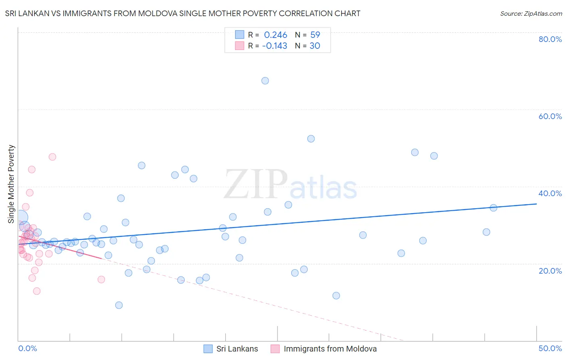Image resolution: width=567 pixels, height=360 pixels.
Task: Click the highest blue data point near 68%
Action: (265, 81)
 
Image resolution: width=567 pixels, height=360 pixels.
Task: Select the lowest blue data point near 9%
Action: (119, 305)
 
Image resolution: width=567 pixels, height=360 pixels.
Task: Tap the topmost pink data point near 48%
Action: (52, 157)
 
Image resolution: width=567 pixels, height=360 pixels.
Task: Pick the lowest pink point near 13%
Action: (37, 291)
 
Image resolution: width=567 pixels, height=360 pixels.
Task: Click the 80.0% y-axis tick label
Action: (550, 39)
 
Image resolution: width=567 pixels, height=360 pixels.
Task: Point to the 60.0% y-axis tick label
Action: (550, 116)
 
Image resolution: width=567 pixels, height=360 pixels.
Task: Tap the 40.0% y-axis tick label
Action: (550, 193)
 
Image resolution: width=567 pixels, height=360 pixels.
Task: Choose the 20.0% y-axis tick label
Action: (550, 271)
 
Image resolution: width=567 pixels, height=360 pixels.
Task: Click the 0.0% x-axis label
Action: (27, 348)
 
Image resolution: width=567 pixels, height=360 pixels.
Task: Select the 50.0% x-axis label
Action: (550, 348)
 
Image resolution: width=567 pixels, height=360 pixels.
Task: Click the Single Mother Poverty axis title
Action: (11, 184)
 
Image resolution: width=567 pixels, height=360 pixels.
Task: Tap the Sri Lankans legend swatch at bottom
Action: (208, 349)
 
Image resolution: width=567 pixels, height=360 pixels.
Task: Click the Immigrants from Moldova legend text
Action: (330, 349)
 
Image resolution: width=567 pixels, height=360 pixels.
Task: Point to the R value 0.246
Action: (275, 35)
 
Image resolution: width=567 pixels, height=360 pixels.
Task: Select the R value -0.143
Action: (275, 46)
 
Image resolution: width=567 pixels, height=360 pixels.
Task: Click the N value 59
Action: (315, 35)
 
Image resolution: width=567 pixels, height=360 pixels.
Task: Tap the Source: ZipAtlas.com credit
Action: (531, 13)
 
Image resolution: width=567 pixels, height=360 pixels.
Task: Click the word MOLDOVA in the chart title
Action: (157, 13)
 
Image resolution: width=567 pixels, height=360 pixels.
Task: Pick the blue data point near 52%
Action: (311, 139)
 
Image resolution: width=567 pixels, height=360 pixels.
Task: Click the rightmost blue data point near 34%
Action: (493, 208)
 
